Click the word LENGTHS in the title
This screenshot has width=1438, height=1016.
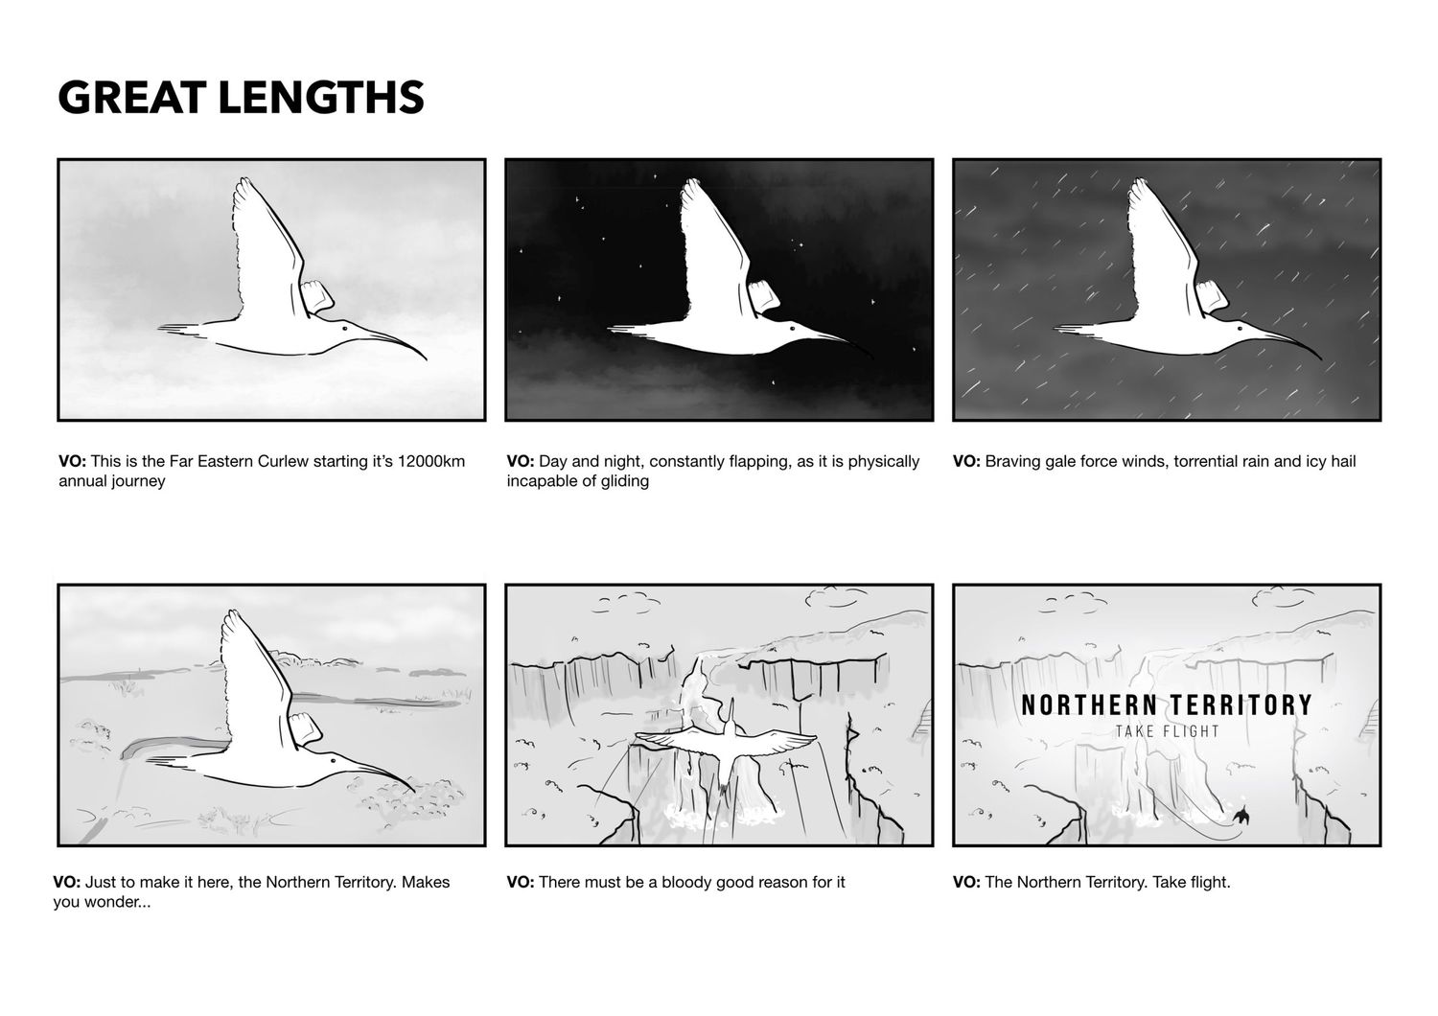click(x=321, y=98)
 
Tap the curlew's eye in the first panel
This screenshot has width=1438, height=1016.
click(x=345, y=329)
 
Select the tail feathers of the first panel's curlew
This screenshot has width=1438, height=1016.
click(x=183, y=330)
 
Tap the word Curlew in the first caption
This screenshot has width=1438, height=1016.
click(x=283, y=461)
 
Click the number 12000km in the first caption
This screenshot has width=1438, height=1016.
click(x=431, y=461)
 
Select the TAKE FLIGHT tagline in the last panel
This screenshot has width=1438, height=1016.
click(x=1167, y=731)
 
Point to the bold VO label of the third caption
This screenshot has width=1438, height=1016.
click(x=966, y=461)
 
